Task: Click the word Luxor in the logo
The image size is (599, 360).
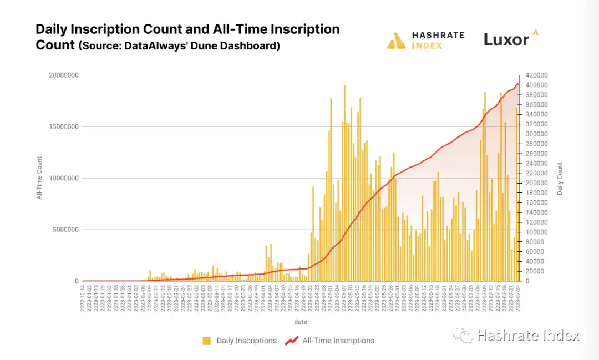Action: pos(506,39)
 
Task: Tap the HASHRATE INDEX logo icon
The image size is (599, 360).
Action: pos(396,41)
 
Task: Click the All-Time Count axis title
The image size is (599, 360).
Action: pos(39,178)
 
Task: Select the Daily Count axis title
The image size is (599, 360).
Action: pos(560,178)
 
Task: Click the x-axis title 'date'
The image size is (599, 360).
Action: pos(300,322)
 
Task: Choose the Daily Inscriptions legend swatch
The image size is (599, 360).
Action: pos(207,341)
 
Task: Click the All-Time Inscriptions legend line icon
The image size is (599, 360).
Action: pos(292,341)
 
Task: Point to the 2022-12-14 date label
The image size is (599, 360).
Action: pos(83,300)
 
